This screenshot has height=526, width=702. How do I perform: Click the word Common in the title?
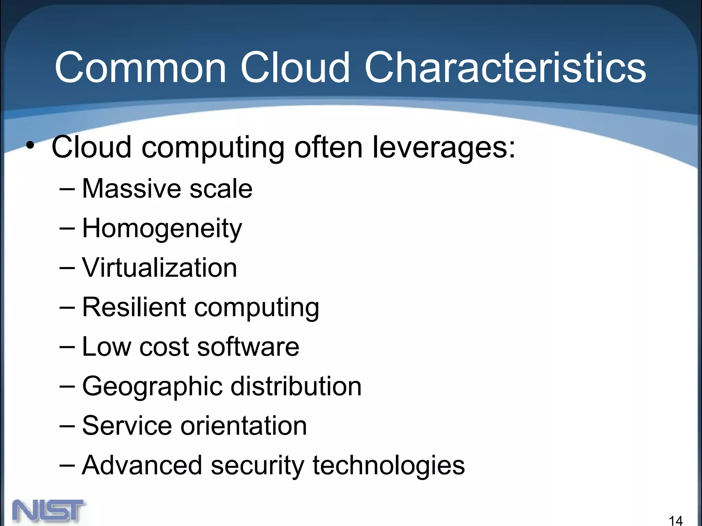click(x=141, y=67)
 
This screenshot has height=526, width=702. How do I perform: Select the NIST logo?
click(x=49, y=511)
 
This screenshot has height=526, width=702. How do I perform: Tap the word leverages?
click(x=444, y=147)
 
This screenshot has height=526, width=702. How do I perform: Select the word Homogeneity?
click(x=162, y=229)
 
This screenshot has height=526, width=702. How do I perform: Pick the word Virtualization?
click(x=159, y=267)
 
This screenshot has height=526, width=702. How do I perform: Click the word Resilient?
click(x=134, y=307)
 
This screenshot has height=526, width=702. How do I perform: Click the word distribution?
click(x=296, y=386)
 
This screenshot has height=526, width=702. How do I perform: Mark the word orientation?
click(x=243, y=426)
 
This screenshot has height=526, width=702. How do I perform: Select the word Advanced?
click(x=142, y=465)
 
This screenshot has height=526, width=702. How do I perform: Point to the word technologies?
click(x=388, y=466)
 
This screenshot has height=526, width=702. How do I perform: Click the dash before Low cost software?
click(x=67, y=347)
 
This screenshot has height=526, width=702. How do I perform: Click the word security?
click(x=257, y=466)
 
